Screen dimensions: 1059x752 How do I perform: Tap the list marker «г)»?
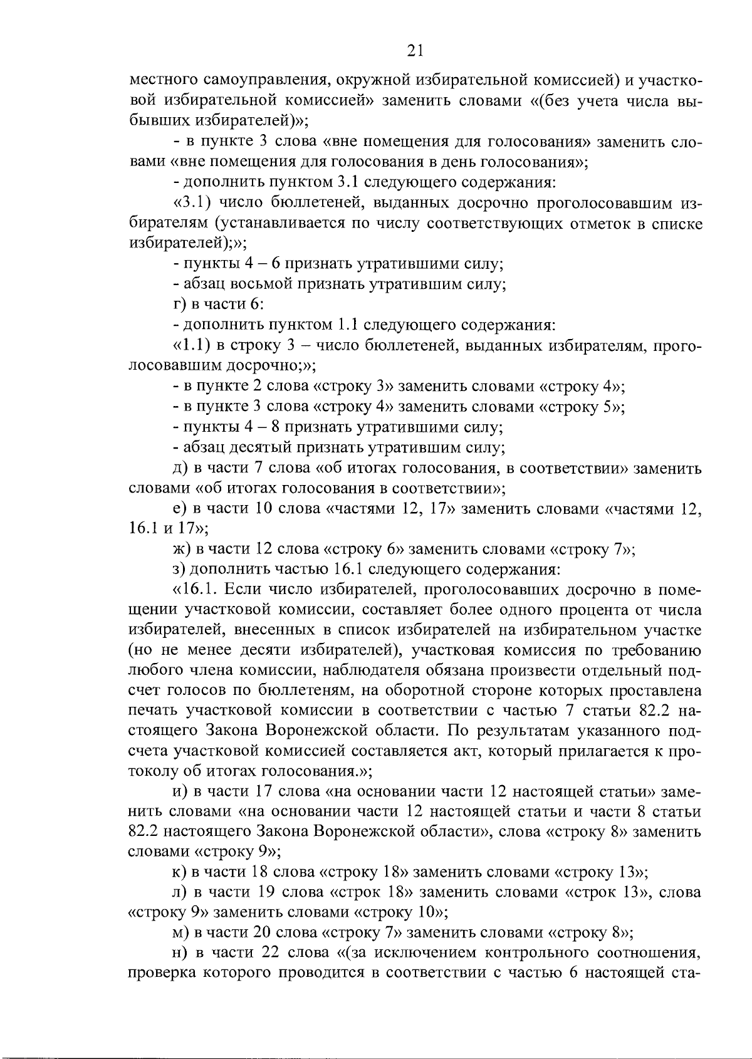coord(180,305)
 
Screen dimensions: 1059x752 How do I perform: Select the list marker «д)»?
coord(181,468)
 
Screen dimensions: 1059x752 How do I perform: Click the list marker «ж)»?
coord(182,550)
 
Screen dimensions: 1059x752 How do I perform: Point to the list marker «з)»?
coord(180,570)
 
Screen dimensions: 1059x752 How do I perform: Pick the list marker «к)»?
coord(180,872)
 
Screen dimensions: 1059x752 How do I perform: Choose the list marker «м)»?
coord(181,932)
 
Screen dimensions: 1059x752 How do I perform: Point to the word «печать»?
coord(152,711)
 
